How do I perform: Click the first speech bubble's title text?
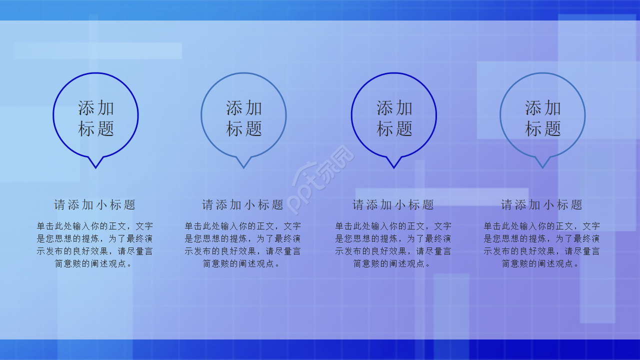(95, 118)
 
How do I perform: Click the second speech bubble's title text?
(244, 118)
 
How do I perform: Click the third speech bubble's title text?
(394, 118)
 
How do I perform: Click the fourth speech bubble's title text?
(542, 118)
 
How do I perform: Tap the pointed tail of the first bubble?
(95, 163)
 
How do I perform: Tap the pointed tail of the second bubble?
(243, 163)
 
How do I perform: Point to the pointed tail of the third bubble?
(393, 163)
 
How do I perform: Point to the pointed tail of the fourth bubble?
(542, 163)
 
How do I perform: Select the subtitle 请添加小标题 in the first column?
(95, 204)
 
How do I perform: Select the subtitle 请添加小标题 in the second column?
(243, 204)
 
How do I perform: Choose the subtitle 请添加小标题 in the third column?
(393, 204)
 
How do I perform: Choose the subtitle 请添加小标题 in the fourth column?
(542, 204)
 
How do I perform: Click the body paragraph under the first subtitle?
(95, 245)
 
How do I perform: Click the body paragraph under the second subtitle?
(243, 245)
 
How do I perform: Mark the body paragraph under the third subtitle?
(393, 245)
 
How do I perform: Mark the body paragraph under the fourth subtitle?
(542, 245)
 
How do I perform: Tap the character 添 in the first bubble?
(86, 107)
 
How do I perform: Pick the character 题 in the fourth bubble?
(552, 128)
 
